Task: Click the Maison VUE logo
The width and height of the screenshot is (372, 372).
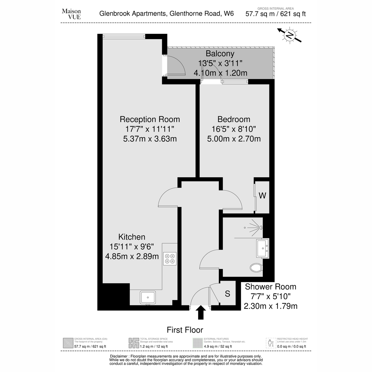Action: click(71, 14)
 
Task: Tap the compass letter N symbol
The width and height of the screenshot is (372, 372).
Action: click(289, 35)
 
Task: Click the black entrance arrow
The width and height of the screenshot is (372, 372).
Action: click(201, 312)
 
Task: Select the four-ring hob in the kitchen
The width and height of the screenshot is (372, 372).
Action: click(170, 259)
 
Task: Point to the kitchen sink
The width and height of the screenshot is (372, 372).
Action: click(148, 297)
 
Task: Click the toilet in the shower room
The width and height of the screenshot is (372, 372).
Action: click(256, 268)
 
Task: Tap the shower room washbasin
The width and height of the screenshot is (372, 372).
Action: click(263, 248)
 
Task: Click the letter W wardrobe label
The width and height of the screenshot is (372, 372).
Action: click(262, 196)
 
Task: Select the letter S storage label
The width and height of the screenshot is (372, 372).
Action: click(228, 294)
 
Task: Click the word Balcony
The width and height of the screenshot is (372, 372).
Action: click(220, 54)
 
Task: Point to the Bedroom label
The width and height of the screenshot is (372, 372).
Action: click(234, 119)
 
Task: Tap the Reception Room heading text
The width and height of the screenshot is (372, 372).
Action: click(150, 119)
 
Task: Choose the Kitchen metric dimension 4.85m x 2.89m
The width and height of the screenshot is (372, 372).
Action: click(132, 256)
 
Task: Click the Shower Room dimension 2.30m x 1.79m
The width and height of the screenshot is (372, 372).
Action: click(270, 306)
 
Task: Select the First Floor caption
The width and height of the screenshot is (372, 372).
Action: click(185, 330)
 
